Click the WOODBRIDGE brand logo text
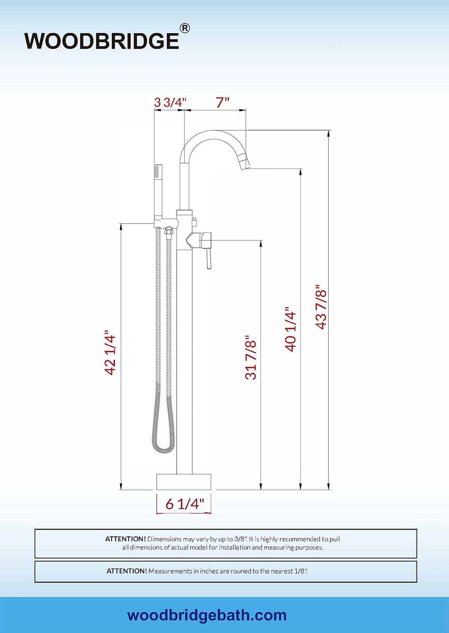[x=102, y=41]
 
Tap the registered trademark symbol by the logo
[x=185, y=28]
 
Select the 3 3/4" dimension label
[x=171, y=102]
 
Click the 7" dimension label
[x=223, y=102]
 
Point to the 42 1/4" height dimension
[x=110, y=352]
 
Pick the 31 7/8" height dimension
[x=251, y=357]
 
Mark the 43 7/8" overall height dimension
[x=321, y=306]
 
